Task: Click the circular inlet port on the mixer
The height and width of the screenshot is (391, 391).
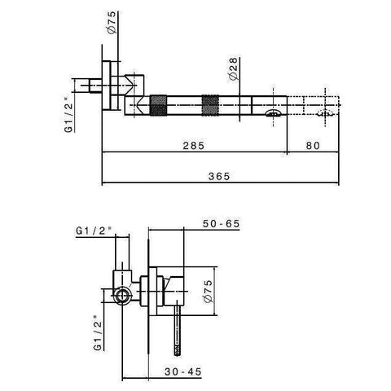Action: [x=122, y=296]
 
